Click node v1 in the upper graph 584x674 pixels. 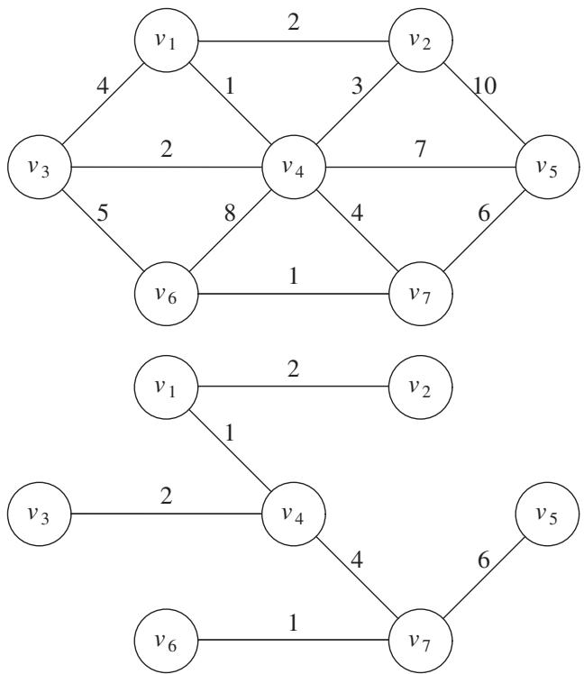(167, 41)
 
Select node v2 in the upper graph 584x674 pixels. (421, 41)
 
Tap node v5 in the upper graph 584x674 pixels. (547, 167)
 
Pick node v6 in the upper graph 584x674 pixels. (167, 294)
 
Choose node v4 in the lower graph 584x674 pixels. (294, 515)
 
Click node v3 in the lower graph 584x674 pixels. (39, 515)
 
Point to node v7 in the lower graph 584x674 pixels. (421, 641)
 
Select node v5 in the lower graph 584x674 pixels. (547, 515)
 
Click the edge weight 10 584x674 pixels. (485, 86)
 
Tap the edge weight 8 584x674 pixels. (230, 213)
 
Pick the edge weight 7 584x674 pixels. (420, 150)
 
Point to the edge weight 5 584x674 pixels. (103, 213)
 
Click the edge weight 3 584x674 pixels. (357, 86)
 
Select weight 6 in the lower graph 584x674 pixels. (484, 560)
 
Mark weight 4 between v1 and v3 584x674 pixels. (103, 86)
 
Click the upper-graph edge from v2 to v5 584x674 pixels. (484, 104)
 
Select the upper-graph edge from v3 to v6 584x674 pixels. (103, 231)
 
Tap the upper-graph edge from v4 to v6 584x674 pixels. (230, 231)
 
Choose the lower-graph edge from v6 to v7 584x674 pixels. (293, 641)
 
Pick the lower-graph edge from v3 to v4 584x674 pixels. (167, 515)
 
